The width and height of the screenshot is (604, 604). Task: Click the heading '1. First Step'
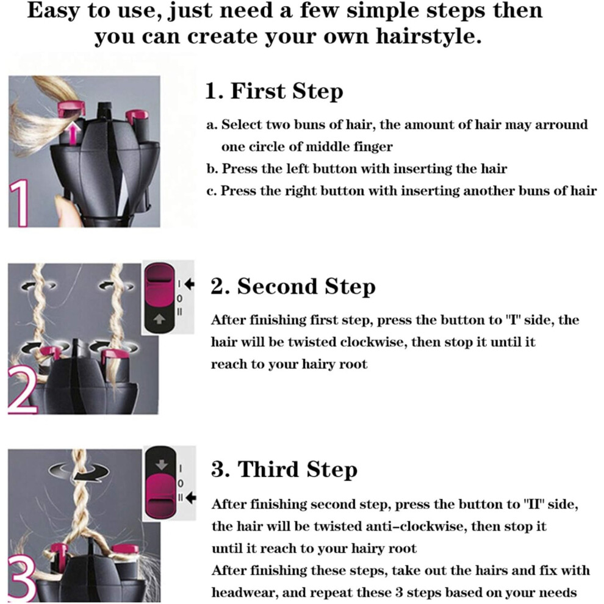(274, 92)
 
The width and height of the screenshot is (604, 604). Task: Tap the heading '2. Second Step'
(293, 287)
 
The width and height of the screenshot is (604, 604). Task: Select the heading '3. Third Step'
(284, 470)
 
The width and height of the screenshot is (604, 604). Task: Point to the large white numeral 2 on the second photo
(23, 390)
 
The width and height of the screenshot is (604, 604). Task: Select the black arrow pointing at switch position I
(189, 284)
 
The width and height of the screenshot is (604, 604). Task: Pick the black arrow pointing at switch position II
(191, 498)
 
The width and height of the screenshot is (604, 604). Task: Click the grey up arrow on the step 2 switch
(159, 319)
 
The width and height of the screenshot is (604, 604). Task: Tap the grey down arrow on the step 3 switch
(162, 465)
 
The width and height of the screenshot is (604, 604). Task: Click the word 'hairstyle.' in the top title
(429, 37)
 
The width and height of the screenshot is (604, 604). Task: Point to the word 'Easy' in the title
(53, 11)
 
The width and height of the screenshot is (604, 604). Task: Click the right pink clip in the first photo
(137, 115)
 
